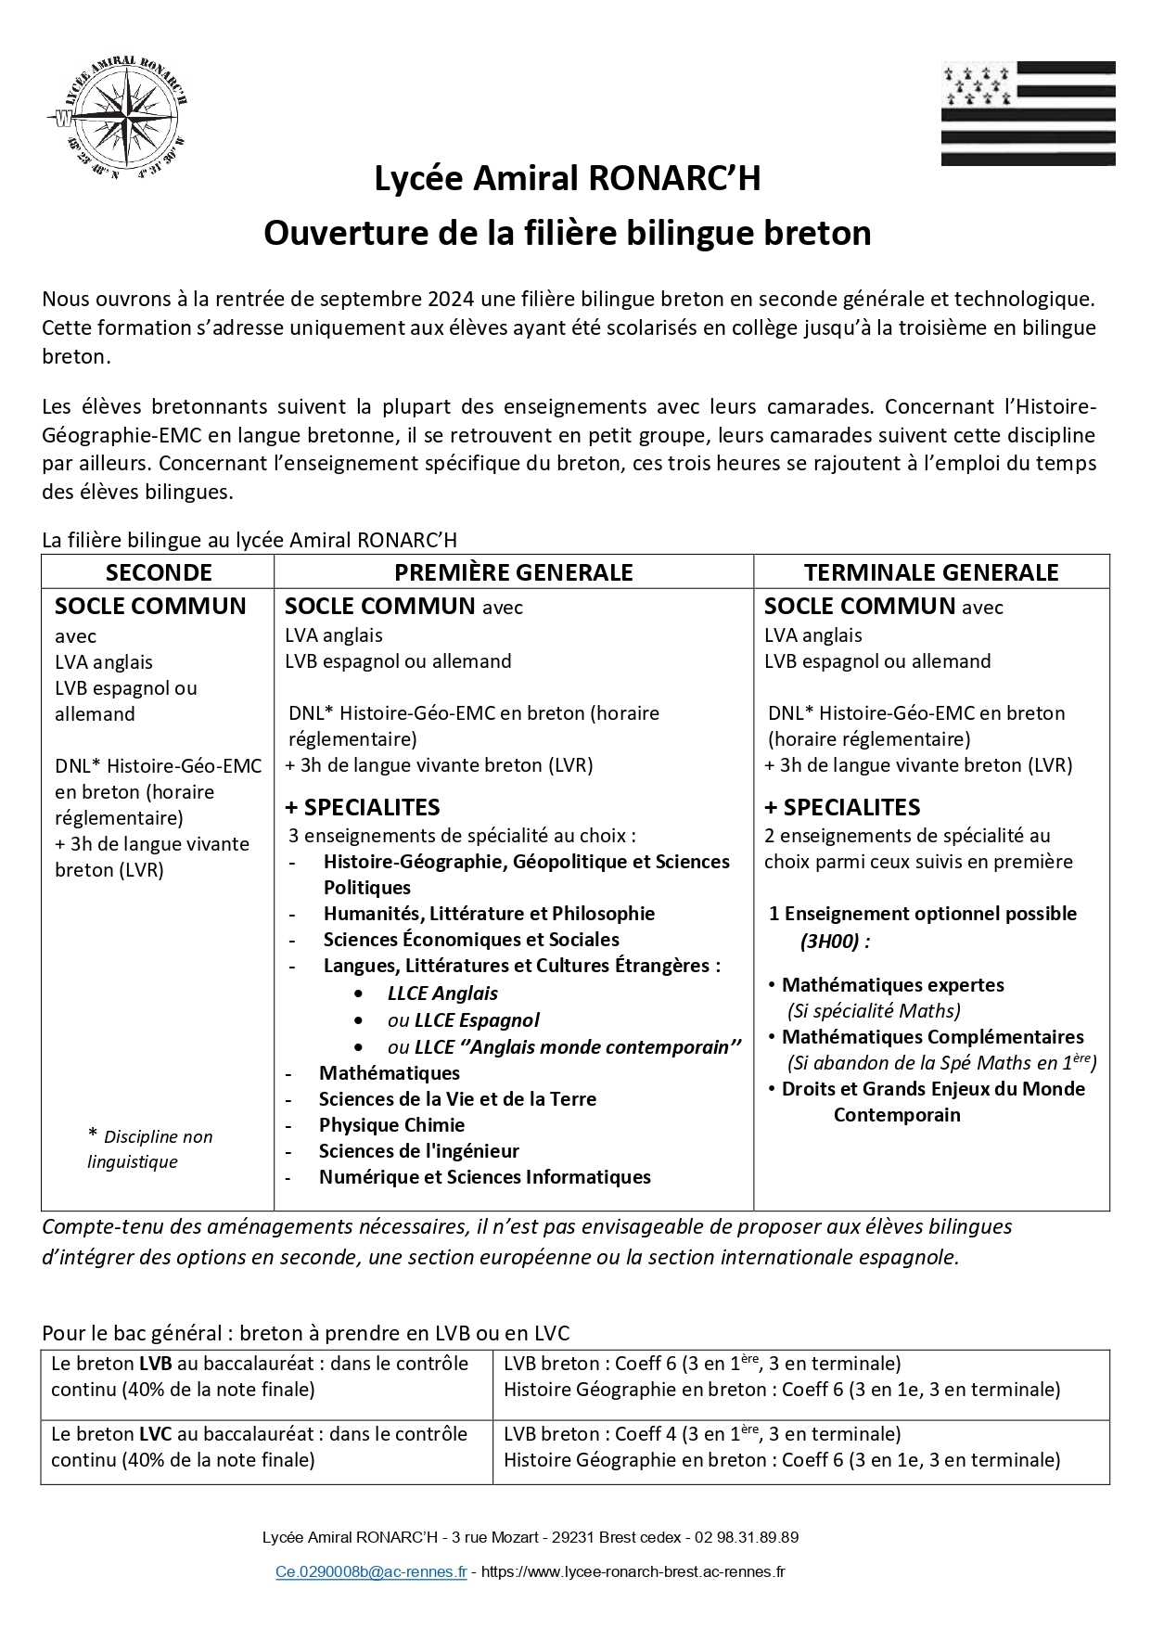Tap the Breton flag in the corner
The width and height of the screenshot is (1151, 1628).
1028,113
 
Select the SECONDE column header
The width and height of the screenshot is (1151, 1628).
159,572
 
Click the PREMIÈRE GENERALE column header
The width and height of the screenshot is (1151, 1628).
514,572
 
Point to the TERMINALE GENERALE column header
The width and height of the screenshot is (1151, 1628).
931,572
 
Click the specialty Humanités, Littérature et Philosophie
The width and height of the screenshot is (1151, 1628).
489,914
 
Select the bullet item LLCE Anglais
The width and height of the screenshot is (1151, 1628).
442,993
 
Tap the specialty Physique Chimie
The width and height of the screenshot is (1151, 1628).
391,1125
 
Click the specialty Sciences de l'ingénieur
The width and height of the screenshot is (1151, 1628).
418,1151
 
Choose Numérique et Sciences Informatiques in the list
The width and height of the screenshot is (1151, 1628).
484,1177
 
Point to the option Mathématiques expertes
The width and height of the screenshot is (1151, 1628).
892,985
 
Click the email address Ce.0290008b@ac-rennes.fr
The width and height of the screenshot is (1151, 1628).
371,1572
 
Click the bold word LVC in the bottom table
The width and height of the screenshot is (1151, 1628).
155,1434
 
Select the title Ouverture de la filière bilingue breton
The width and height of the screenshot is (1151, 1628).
567,233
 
